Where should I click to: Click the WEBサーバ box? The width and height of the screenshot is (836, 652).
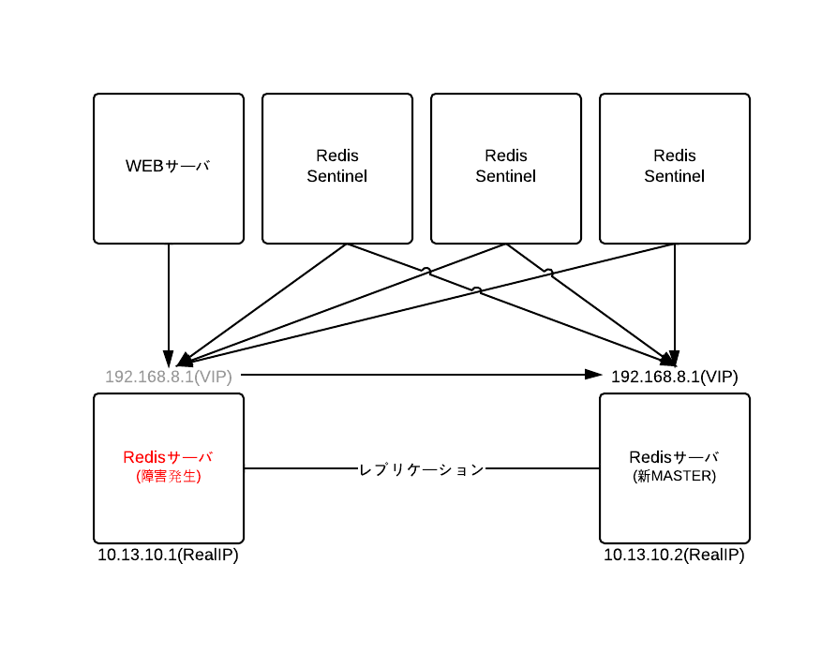(x=169, y=201)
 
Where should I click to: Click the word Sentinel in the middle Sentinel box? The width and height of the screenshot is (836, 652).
(x=506, y=176)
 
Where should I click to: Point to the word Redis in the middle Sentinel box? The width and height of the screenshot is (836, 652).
(x=506, y=156)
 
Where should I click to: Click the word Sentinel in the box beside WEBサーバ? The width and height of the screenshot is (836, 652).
(x=337, y=176)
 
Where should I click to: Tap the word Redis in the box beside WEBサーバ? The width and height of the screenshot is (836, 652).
(x=337, y=156)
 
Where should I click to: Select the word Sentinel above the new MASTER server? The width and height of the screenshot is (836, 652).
(x=675, y=176)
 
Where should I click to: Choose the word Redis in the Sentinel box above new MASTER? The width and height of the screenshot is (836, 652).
(x=675, y=156)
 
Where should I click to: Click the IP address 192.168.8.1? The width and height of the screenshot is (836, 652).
(x=149, y=377)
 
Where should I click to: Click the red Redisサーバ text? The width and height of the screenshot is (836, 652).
(x=169, y=457)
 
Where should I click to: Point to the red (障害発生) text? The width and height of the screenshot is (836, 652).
(x=169, y=477)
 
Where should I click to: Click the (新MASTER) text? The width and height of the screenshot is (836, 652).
(x=675, y=477)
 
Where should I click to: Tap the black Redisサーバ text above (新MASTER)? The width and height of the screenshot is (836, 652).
(x=675, y=457)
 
